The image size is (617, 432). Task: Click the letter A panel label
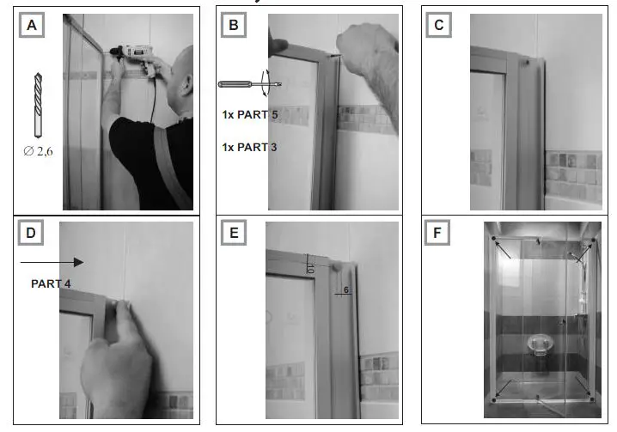click(32, 26)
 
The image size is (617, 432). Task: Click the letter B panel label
click(233, 26)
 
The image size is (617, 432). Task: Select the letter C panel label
click(439, 26)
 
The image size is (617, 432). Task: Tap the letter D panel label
click(32, 233)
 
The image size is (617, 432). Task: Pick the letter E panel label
click(233, 233)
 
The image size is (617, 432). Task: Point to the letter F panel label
click(439, 233)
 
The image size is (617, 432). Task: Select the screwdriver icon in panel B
click(250, 84)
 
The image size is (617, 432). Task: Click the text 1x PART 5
click(249, 114)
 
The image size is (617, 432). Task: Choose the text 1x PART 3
click(249, 147)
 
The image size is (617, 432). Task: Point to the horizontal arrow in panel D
click(52, 262)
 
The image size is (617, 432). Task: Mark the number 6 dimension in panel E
click(345, 290)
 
